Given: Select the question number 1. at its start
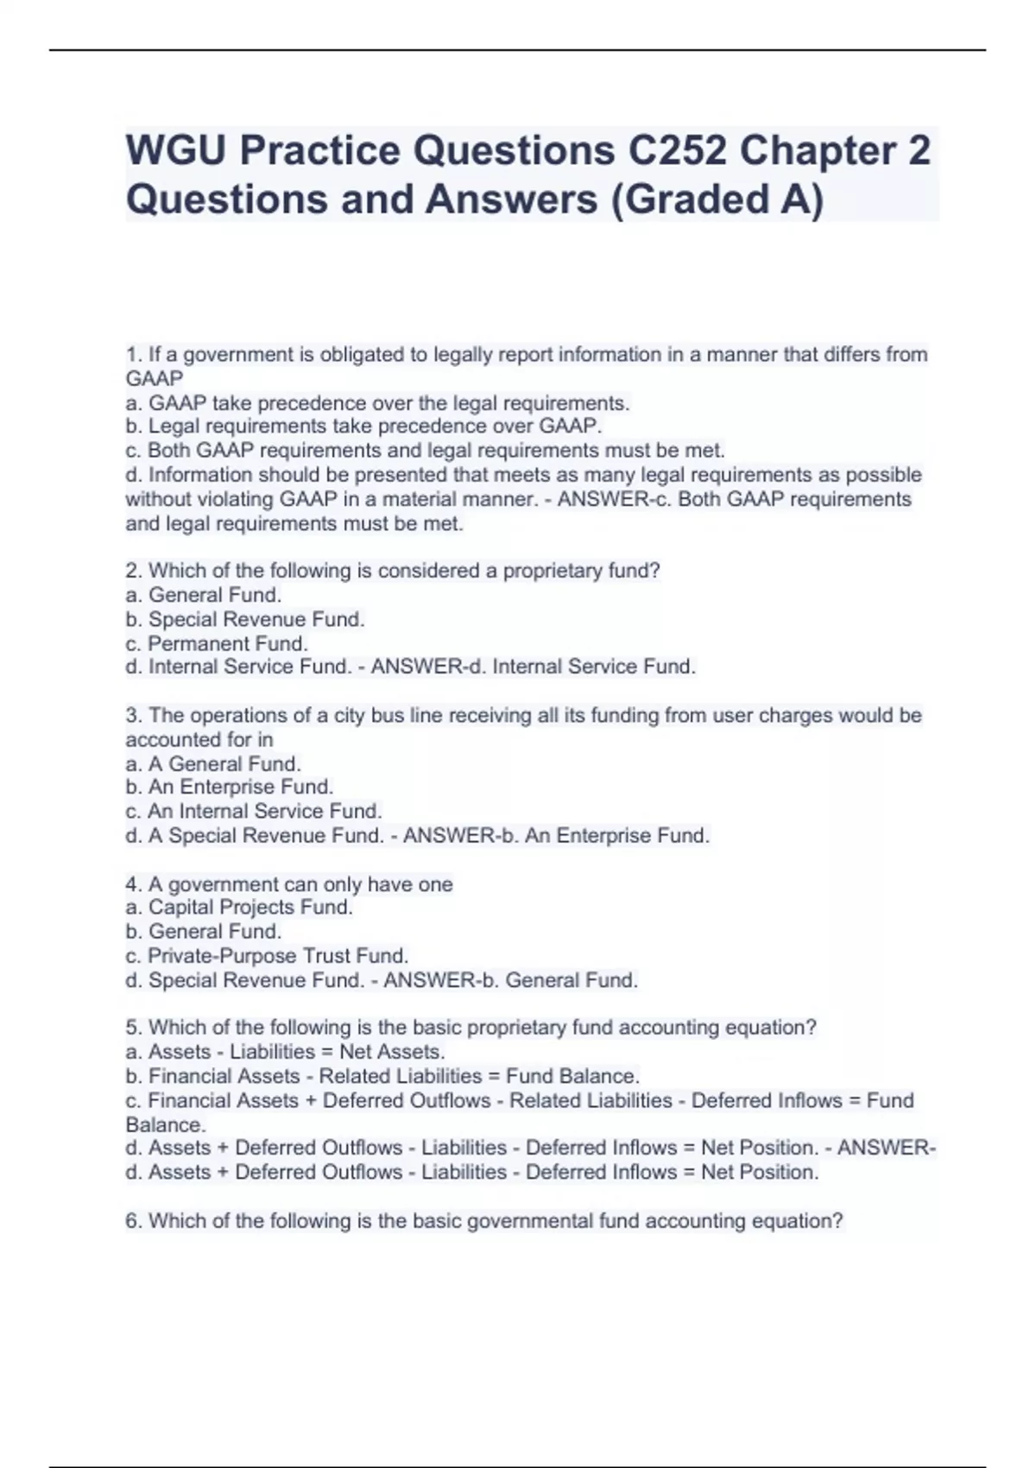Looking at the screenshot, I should tap(133, 354).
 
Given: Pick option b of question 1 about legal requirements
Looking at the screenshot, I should tap(363, 426).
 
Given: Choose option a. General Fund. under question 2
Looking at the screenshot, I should tap(204, 595).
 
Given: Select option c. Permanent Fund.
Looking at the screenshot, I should tap(217, 643).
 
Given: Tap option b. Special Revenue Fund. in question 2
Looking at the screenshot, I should tap(245, 619).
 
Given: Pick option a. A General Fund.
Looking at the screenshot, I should tap(213, 763).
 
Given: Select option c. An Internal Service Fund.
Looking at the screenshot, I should tap(254, 811).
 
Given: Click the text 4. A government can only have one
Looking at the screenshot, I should tap(289, 884).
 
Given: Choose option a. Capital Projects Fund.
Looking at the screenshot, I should tap(239, 907).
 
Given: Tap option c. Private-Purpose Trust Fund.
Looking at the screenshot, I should tap(267, 956).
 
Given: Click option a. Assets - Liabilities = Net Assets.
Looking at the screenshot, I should tap(285, 1052).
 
